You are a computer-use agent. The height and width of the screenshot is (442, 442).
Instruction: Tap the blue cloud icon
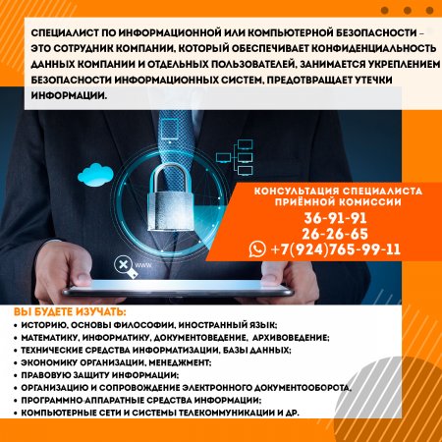click(x=95, y=175)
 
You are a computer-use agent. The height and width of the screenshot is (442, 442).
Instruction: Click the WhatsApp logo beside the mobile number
click(x=257, y=249)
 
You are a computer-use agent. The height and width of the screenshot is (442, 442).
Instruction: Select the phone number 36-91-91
click(x=335, y=218)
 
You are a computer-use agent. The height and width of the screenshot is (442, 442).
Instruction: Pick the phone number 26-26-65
click(x=335, y=234)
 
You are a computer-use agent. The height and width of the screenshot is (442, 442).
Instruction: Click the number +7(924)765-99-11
click(x=336, y=249)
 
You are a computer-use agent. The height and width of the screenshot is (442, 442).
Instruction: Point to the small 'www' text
click(x=143, y=265)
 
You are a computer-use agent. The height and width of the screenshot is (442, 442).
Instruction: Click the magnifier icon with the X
click(x=125, y=266)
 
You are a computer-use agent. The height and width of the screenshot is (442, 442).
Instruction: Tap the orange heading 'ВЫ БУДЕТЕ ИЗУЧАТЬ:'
click(x=70, y=312)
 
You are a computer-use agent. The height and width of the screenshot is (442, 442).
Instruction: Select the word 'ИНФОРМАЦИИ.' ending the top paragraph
click(x=69, y=95)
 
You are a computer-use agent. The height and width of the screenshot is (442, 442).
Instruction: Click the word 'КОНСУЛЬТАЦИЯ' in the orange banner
click(x=296, y=192)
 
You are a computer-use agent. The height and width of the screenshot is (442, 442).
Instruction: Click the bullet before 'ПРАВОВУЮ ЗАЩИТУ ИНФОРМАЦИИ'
click(x=16, y=375)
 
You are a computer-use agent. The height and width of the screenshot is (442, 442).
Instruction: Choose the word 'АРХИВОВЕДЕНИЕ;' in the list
click(x=291, y=338)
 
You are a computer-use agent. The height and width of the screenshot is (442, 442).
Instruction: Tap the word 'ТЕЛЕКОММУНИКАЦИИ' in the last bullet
click(x=227, y=413)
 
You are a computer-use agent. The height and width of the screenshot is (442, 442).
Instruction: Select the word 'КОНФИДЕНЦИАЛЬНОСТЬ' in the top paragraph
click(x=373, y=48)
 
